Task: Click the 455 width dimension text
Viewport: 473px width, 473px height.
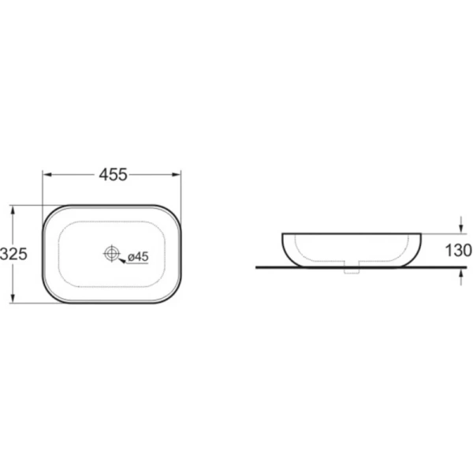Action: (x=113, y=175)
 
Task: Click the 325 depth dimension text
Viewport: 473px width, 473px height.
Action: (x=13, y=254)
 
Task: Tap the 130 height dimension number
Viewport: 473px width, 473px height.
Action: (x=459, y=251)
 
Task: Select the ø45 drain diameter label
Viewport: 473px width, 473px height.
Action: (x=138, y=257)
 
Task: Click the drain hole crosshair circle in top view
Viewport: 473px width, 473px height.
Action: (x=112, y=253)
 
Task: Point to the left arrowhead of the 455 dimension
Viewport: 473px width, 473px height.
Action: (x=47, y=175)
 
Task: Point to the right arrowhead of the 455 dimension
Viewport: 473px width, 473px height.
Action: (x=176, y=175)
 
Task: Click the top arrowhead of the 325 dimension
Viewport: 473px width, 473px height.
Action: (x=13, y=210)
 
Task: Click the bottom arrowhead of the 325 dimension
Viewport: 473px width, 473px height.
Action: (x=13, y=298)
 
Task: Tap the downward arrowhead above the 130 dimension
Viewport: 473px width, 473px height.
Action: (x=460, y=229)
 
